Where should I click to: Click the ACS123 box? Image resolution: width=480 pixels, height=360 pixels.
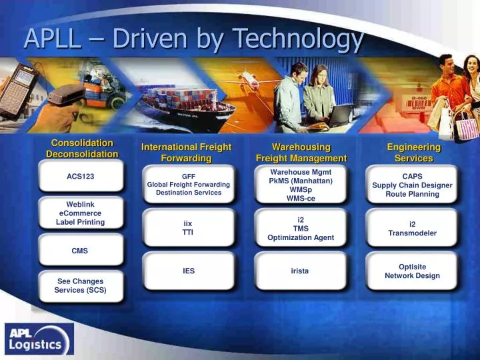(x=81, y=177)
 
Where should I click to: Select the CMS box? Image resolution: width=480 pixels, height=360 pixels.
(x=80, y=251)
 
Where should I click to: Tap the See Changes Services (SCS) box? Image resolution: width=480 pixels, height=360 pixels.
(x=80, y=285)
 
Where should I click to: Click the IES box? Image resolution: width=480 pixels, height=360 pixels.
(x=189, y=271)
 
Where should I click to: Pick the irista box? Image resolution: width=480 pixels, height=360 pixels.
(x=300, y=271)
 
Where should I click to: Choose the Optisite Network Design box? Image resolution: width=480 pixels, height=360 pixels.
(x=412, y=271)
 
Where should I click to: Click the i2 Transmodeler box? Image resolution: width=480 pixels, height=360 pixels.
(x=412, y=229)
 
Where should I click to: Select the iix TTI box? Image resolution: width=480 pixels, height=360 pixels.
(x=189, y=227)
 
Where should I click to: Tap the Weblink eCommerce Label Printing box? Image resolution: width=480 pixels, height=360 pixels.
(x=80, y=213)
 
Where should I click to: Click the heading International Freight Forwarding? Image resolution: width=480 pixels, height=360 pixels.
(x=186, y=152)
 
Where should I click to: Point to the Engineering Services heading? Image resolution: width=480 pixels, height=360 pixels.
(x=413, y=152)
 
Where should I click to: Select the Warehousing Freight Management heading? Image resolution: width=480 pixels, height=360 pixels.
(x=301, y=152)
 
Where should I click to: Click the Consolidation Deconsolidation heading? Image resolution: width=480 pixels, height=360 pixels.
(x=82, y=148)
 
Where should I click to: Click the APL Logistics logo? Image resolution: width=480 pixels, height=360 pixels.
(x=39, y=339)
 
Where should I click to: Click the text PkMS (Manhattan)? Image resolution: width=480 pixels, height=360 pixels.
(x=301, y=181)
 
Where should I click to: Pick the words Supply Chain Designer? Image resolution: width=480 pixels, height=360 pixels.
(x=412, y=185)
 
